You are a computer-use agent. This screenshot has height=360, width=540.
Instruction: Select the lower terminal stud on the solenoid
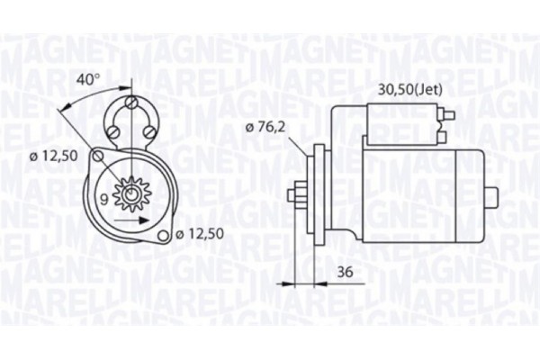tap(444, 138)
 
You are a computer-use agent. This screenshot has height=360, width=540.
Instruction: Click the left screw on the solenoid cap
tap(119, 132)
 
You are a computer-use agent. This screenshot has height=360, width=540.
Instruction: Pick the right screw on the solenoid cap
tap(148, 132)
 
